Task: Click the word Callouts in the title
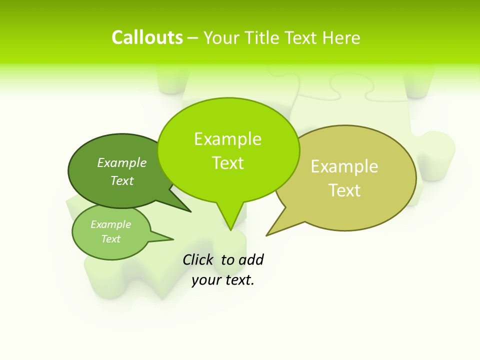(147, 38)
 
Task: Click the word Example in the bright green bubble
(227, 139)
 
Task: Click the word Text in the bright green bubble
(227, 163)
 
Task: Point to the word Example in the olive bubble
(344, 166)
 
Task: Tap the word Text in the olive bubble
(344, 190)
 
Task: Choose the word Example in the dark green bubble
(122, 163)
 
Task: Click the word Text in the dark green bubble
(122, 181)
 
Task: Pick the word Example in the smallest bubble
(110, 225)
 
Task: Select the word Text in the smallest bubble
(110, 239)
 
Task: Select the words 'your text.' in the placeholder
(223, 280)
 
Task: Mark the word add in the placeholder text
(250, 260)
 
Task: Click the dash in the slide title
(193, 38)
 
